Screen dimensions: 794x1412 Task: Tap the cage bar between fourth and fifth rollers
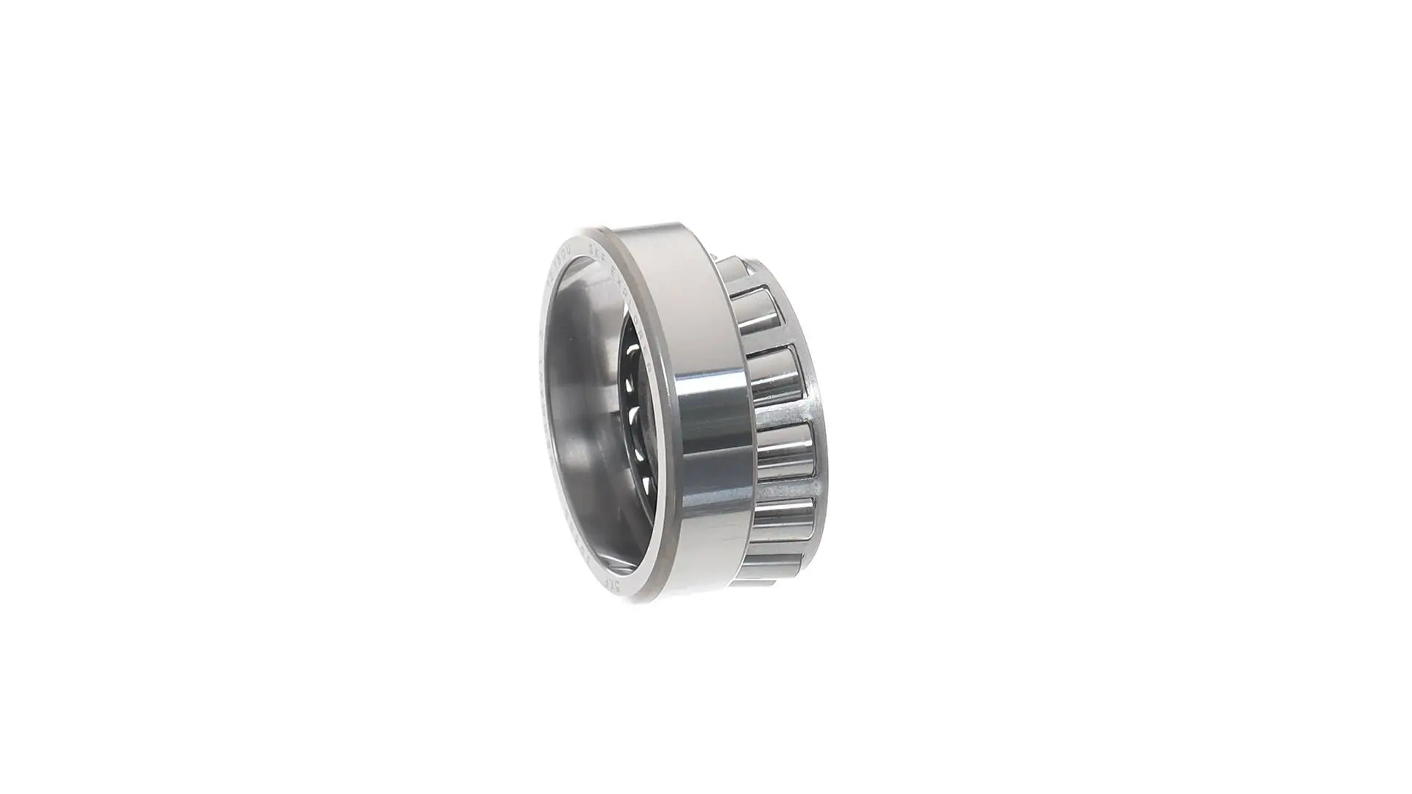[x=787, y=488]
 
